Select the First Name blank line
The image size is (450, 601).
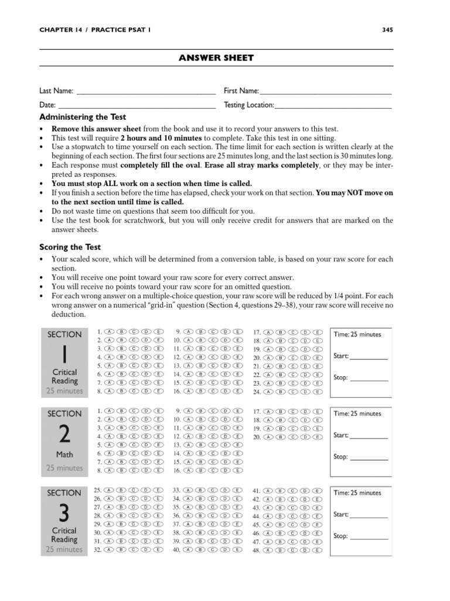click(x=325, y=93)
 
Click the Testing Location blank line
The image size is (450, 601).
click(x=333, y=107)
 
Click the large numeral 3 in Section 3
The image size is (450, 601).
click(x=64, y=512)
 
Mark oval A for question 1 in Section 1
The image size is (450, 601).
click(x=109, y=332)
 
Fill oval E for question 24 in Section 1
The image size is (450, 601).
click(x=317, y=392)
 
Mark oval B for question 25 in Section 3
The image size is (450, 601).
click(x=121, y=489)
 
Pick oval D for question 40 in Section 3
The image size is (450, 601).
click(x=224, y=551)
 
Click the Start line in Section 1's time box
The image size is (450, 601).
click(x=369, y=356)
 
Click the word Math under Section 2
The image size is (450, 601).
click(x=64, y=454)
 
